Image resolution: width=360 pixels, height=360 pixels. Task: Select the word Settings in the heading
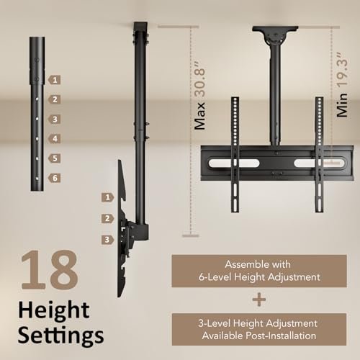tap(60, 336)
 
